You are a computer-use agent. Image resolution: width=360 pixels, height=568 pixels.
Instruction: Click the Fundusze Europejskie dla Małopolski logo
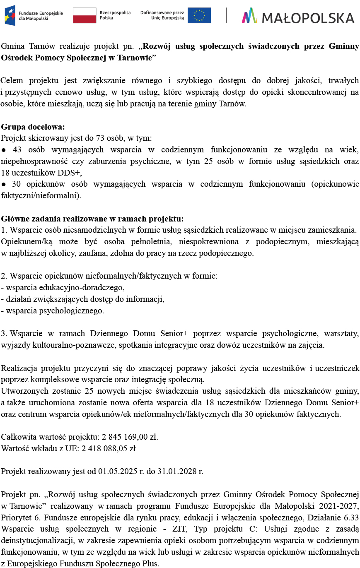click(x=33, y=15)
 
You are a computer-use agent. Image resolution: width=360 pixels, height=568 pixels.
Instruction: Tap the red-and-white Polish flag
click(x=84, y=15)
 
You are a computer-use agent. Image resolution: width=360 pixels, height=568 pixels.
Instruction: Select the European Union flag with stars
click(x=199, y=15)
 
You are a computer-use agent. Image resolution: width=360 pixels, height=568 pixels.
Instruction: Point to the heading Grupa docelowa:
click(x=33, y=127)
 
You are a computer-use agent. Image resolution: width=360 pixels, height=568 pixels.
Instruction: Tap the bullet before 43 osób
click(x=3, y=149)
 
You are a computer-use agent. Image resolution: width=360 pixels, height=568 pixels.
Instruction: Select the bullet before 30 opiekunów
click(x=3, y=184)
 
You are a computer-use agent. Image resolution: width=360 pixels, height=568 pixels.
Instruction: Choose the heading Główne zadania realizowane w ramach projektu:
click(x=92, y=219)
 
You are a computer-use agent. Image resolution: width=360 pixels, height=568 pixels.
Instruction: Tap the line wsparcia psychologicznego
click(x=53, y=310)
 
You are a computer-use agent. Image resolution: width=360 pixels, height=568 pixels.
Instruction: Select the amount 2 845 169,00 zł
click(x=130, y=437)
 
